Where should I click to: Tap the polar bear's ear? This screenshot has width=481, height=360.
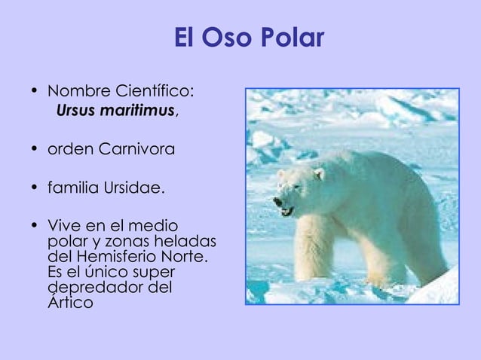pyautogui.click(x=319, y=173)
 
